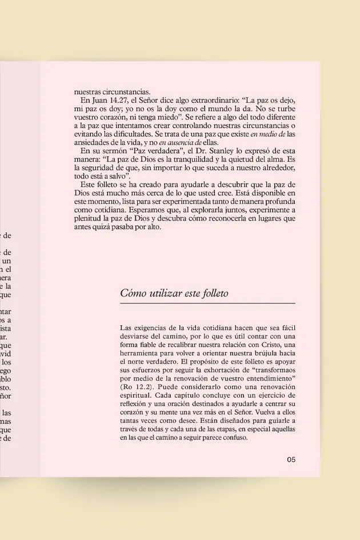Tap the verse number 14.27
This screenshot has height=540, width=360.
(121, 101)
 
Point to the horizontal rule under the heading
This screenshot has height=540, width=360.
(207, 303)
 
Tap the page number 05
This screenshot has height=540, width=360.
(291, 459)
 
